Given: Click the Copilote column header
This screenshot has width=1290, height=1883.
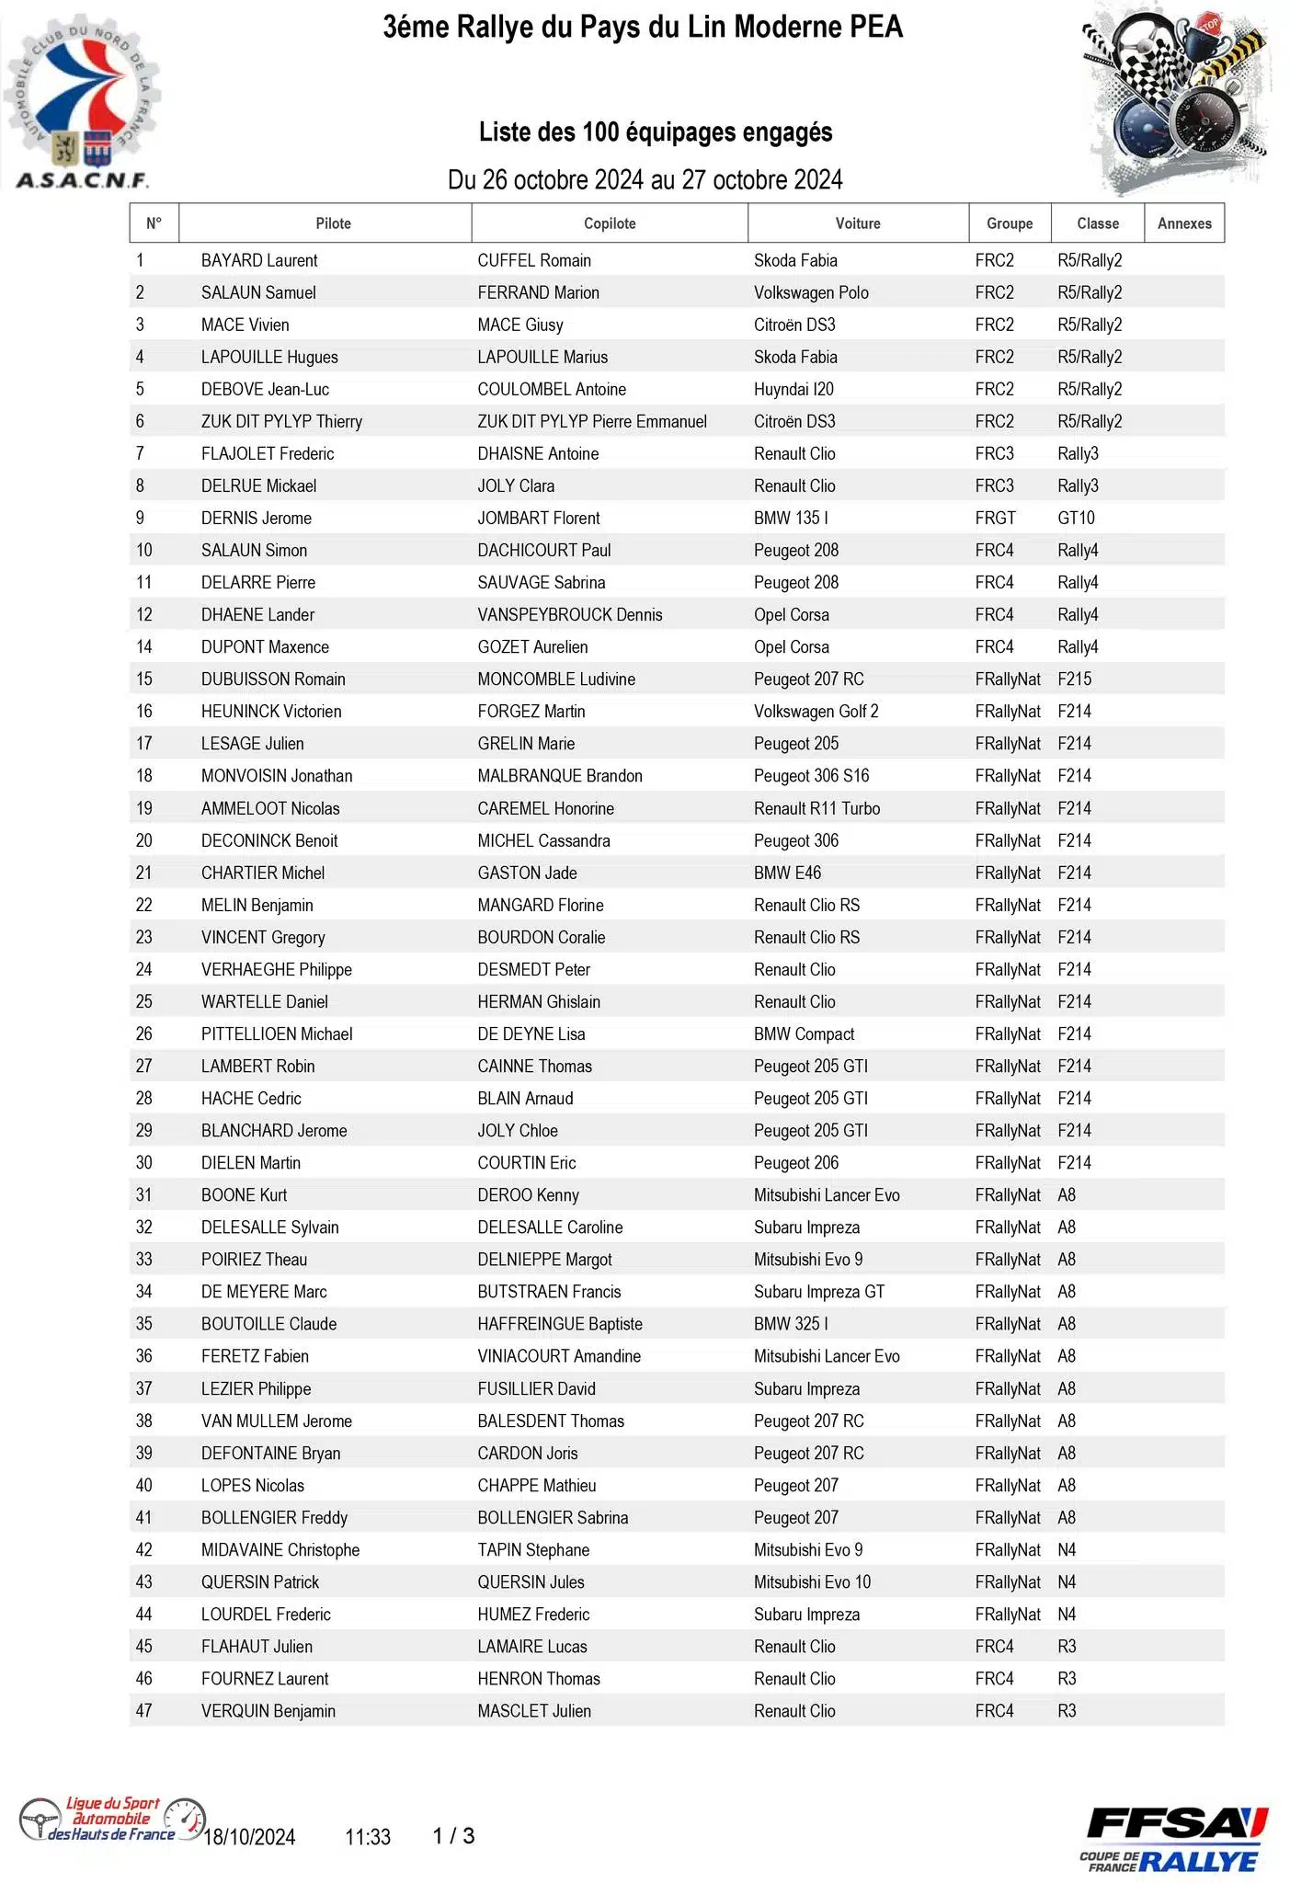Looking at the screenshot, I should pos(610,223).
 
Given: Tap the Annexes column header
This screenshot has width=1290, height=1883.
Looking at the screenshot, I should pos(1184,223).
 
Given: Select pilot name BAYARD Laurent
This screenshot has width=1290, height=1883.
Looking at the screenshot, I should pos(259,260).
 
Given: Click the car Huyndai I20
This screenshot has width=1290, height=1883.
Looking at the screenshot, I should pos(793,389).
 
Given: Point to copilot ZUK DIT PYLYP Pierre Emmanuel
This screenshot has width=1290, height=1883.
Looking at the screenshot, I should pos(592,421).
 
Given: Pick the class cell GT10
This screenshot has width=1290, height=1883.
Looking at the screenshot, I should pos(1076,518).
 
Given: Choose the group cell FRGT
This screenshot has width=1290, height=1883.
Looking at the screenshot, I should pos(995,518).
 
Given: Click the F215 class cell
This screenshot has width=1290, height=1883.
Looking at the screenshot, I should pos(1074,679).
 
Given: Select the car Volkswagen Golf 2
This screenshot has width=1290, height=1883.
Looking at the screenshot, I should pos(816,711).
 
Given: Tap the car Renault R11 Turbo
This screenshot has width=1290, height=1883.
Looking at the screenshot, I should pos(816,808).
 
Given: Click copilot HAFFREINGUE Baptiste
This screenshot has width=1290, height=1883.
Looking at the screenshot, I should pos(560,1323).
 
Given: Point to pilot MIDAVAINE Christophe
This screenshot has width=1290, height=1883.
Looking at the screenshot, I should pos(280,1549).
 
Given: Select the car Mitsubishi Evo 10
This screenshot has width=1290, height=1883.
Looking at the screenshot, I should pos(812,1581).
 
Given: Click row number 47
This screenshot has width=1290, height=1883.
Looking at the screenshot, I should pos(144,1710).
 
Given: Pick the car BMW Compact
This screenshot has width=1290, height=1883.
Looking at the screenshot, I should pos(804,1033).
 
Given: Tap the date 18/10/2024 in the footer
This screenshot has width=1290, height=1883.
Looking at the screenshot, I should pos(249,1837).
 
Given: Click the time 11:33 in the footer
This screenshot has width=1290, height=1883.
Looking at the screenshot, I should pos(368,1837).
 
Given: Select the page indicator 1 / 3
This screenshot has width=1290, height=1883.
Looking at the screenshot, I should pos(453,1836).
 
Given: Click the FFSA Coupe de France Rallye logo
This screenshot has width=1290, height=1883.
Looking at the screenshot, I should pos(1173,1839).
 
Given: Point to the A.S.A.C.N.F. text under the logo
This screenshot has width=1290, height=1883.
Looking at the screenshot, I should pos(82,179).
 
